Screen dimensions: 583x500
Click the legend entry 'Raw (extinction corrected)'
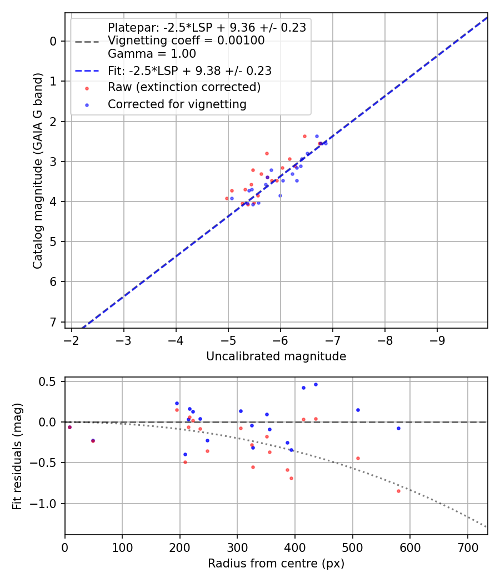(x=184, y=87)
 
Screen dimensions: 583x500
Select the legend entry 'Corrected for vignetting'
(x=177, y=104)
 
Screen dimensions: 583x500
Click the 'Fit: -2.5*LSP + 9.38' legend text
(x=189, y=71)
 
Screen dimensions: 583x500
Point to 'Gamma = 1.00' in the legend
(x=152, y=54)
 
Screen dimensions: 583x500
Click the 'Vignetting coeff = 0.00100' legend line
(x=186, y=41)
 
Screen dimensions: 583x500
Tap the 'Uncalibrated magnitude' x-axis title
(x=276, y=356)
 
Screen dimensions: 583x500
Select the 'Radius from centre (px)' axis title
(x=276, y=564)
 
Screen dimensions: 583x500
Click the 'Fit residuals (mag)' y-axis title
(x=18, y=456)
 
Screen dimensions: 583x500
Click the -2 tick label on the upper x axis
(x=71, y=339)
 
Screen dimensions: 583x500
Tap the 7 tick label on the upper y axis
(x=53, y=322)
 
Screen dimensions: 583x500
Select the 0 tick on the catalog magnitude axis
(x=53, y=41)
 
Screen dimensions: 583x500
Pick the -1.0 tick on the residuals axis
(x=47, y=504)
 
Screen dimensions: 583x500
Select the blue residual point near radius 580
(x=398, y=428)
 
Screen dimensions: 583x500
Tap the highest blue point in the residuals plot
(x=316, y=384)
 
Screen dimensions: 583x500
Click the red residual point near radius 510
(x=358, y=458)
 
